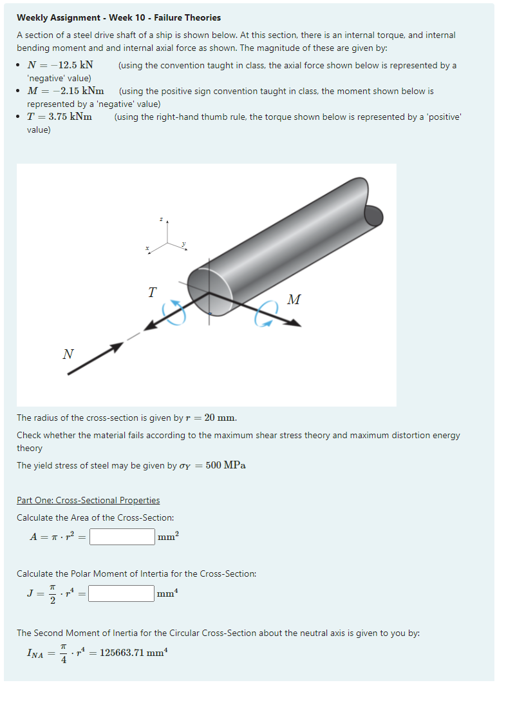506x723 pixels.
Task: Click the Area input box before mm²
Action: point(122,537)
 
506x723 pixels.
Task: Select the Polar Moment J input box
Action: point(121,593)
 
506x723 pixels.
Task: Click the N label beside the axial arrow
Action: point(68,354)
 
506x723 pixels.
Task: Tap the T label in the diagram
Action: point(151,293)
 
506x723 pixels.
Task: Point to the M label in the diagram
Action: point(294,300)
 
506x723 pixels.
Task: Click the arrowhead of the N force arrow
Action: point(117,347)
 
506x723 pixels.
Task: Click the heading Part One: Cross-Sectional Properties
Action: point(88,500)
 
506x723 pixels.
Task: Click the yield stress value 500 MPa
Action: point(225,465)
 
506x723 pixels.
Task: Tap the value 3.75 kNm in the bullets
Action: point(67,117)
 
